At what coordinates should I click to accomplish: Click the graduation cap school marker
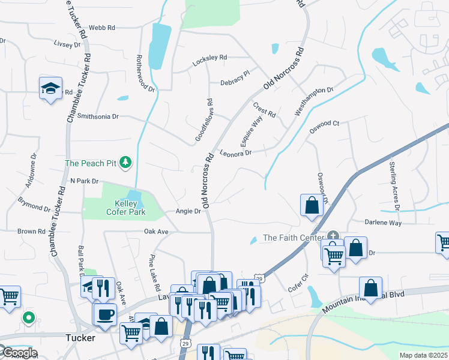click(50, 89)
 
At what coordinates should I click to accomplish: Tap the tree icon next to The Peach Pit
click(125, 163)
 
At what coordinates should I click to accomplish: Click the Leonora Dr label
click(235, 153)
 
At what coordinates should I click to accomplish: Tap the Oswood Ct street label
click(324, 124)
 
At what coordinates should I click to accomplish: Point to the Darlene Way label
click(383, 222)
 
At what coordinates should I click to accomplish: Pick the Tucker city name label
click(80, 338)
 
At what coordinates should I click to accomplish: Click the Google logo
click(19, 353)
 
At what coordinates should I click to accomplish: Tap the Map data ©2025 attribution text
click(423, 355)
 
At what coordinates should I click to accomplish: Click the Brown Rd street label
click(31, 231)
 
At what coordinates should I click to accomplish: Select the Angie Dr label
click(187, 211)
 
